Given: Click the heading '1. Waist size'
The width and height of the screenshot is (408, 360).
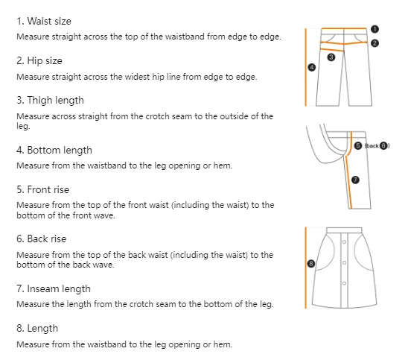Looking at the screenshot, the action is (44, 21).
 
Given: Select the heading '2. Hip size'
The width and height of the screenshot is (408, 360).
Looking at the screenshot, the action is (39, 60).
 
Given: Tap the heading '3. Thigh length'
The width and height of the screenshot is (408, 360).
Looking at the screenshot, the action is (50, 101).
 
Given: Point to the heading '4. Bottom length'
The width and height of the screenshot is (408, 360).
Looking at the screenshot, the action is (54, 151).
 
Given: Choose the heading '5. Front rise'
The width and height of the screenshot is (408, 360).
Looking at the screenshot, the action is (43, 189).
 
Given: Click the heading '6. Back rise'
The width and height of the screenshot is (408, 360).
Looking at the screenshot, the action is (42, 239).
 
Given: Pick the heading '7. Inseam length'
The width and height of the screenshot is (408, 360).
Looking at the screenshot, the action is (54, 289).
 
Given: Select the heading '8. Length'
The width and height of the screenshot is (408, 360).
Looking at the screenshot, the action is (37, 329).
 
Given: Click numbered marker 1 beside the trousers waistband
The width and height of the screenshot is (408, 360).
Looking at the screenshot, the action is (374, 29).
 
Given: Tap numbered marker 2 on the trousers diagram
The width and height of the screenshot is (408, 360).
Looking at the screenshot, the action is (374, 43).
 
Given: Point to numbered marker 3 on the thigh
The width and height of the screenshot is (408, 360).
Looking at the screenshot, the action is (331, 57).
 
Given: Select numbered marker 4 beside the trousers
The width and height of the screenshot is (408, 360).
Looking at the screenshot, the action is (312, 67).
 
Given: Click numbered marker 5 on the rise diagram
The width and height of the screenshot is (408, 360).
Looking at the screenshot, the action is (358, 145).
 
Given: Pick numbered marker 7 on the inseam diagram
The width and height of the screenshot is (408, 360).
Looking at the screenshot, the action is (355, 180).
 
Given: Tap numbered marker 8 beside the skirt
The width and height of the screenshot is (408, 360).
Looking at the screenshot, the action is (311, 264).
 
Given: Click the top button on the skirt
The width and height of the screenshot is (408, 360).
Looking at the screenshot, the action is (344, 242).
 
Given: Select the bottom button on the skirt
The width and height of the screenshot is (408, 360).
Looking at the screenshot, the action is (344, 283).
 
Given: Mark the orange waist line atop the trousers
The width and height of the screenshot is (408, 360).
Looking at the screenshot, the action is (344, 28).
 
